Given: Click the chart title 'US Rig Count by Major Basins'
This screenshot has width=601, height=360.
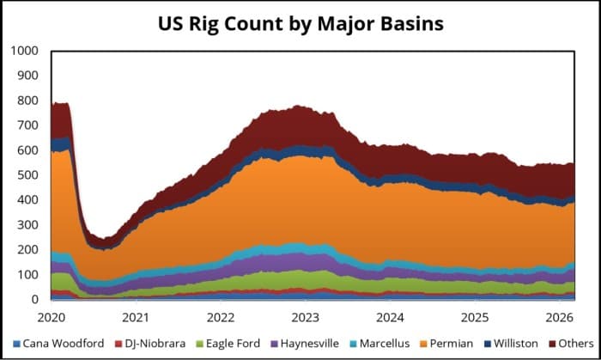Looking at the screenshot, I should click(300, 23).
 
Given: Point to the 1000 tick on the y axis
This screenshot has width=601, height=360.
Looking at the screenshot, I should click(24, 51).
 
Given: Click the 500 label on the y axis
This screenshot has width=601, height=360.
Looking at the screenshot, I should click(27, 175).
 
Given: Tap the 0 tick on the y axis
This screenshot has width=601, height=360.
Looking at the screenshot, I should click(35, 300).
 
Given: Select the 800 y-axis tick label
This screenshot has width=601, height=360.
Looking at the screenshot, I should click(27, 101).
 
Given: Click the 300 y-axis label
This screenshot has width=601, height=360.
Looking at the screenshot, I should click(27, 225).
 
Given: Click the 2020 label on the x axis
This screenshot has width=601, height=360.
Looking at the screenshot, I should click(52, 317).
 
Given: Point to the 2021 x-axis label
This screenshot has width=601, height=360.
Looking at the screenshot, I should click(136, 317).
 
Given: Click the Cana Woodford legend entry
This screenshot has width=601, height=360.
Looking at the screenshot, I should click(60, 344).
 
